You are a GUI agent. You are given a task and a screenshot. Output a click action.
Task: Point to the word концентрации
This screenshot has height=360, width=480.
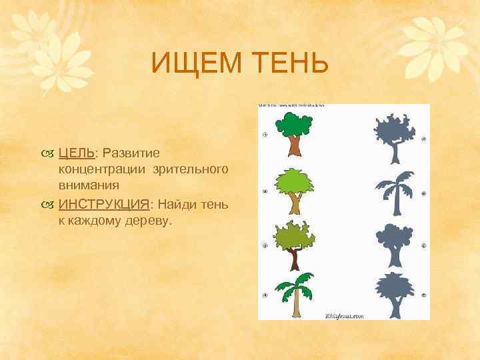[101, 171]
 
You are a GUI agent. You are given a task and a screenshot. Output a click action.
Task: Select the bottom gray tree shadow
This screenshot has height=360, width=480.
[394, 294]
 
